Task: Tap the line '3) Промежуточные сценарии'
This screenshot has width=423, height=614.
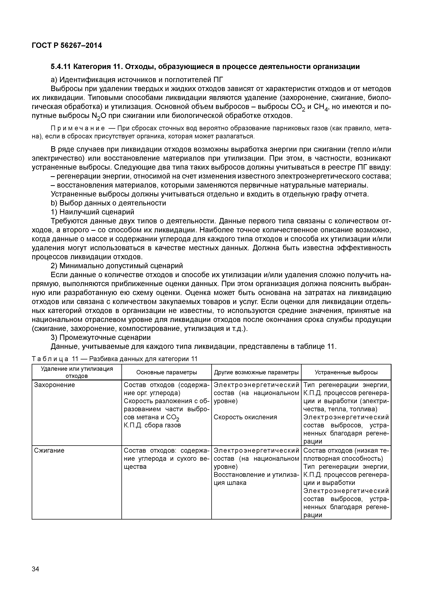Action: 101,338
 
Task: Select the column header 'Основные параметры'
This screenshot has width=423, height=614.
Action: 166,372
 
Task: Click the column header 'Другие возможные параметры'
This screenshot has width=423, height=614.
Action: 256,372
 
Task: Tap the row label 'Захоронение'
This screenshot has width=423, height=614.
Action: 55,385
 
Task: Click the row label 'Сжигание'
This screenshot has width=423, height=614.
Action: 49,451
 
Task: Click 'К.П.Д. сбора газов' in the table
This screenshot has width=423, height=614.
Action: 152,425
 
